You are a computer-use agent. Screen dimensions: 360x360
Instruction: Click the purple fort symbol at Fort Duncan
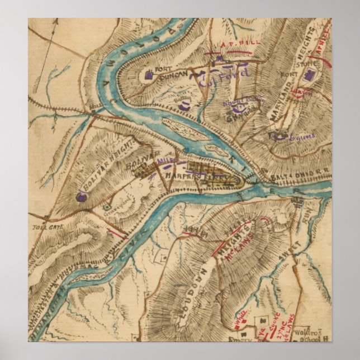click(x=148, y=74)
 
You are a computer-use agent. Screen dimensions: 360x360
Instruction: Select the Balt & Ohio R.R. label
click(x=306, y=175)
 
